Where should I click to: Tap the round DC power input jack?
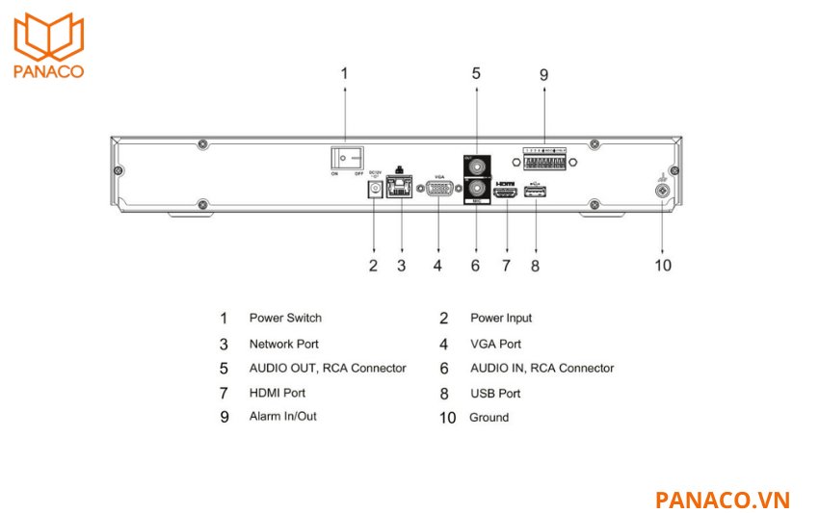click(373, 190)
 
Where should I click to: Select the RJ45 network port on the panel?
click(399, 189)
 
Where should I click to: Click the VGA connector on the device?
click(440, 190)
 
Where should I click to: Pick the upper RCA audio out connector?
click(475, 164)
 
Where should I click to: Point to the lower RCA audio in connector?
click(475, 189)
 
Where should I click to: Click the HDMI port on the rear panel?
click(506, 193)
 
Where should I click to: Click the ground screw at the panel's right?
click(663, 191)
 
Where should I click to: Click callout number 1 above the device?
click(345, 73)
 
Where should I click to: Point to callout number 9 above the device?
click(543, 74)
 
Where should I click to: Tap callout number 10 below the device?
click(663, 265)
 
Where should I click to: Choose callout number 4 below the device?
click(437, 265)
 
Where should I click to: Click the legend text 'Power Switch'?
click(285, 318)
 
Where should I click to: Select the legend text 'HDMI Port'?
click(277, 393)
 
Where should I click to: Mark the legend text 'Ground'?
click(489, 418)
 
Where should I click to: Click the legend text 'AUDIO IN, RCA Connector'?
click(542, 368)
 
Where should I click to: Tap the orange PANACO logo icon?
click(48, 37)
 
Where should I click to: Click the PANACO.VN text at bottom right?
click(722, 500)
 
